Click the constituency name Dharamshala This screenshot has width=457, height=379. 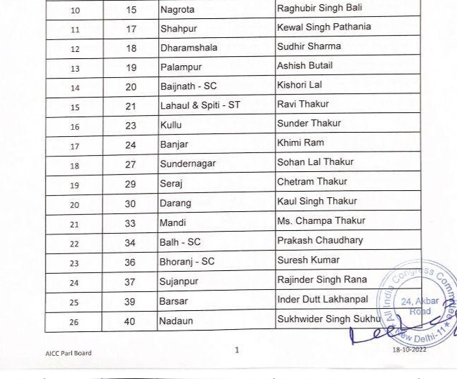click(188, 48)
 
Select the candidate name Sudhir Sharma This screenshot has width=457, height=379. click(309, 46)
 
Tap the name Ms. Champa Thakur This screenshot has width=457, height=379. click(321, 221)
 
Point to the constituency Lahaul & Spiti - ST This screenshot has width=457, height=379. click(200, 105)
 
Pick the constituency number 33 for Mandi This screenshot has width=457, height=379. click(131, 222)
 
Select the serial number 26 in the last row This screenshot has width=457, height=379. click(74, 323)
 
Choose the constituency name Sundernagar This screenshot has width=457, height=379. click(188, 164)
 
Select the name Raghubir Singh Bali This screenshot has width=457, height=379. click(318, 9)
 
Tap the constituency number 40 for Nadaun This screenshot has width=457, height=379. click(131, 321)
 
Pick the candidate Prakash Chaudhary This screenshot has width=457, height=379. click(320, 240)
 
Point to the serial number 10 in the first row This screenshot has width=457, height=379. click(74, 11)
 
